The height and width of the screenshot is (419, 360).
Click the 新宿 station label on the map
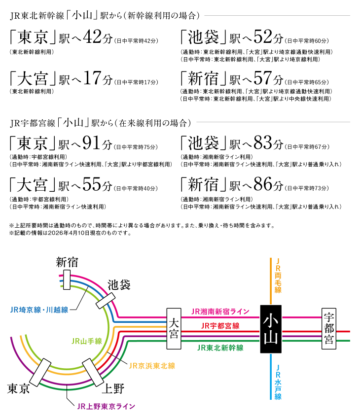pos(66,262)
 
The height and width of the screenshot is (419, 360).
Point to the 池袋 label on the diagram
pos(119,284)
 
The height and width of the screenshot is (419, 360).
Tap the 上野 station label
pos(112,388)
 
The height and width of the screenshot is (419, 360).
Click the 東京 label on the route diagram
pos(19,388)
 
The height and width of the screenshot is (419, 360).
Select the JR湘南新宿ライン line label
pos(220,312)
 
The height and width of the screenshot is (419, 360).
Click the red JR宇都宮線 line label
pos(220,326)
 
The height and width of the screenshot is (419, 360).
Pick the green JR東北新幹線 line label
pos(220,348)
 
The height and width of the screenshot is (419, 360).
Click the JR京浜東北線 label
pos(152,366)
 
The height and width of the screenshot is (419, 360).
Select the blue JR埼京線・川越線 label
pos(39,310)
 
